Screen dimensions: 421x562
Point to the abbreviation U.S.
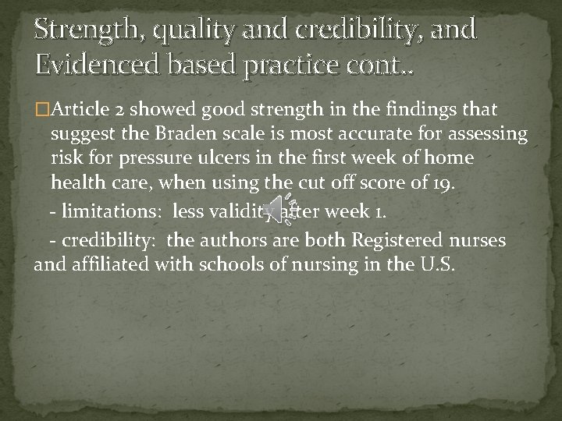(436, 265)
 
